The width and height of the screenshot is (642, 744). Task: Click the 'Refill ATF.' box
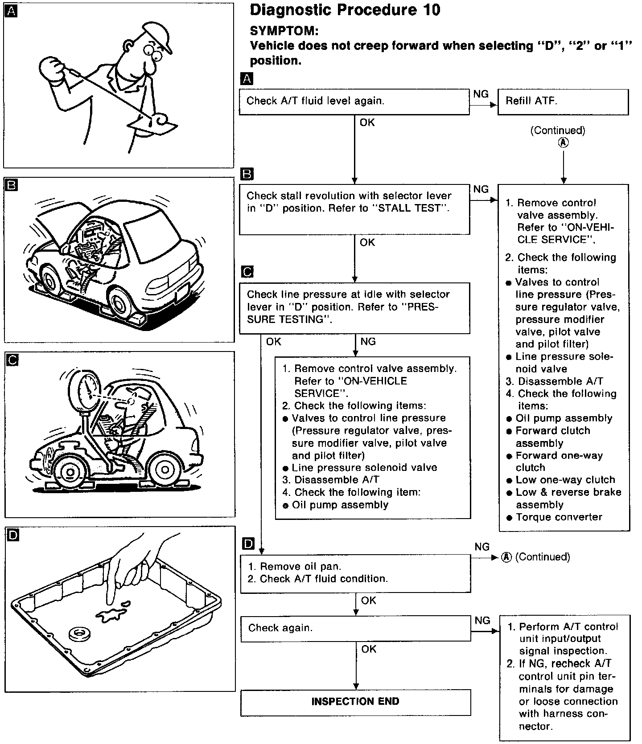point(563,102)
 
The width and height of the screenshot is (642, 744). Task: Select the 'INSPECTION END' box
point(355,702)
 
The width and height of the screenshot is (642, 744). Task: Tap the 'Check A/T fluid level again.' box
point(354,102)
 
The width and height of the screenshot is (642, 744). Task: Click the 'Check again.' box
point(355,628)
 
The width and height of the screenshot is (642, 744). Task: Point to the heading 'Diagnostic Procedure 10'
point(345,10)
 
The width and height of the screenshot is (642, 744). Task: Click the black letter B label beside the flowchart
point(246,174)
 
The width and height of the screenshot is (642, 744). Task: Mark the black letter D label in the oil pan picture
point(13,535)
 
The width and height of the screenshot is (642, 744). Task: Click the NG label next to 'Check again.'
point(482,621)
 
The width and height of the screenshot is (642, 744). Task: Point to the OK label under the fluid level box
point(367,123)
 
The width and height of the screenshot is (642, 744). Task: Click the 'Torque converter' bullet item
point(559,517)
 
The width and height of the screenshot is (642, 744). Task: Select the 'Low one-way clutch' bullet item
point(565,480)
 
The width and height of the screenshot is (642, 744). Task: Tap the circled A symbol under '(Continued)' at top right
point(564,143)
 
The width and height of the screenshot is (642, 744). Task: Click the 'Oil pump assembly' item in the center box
point(340,505)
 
